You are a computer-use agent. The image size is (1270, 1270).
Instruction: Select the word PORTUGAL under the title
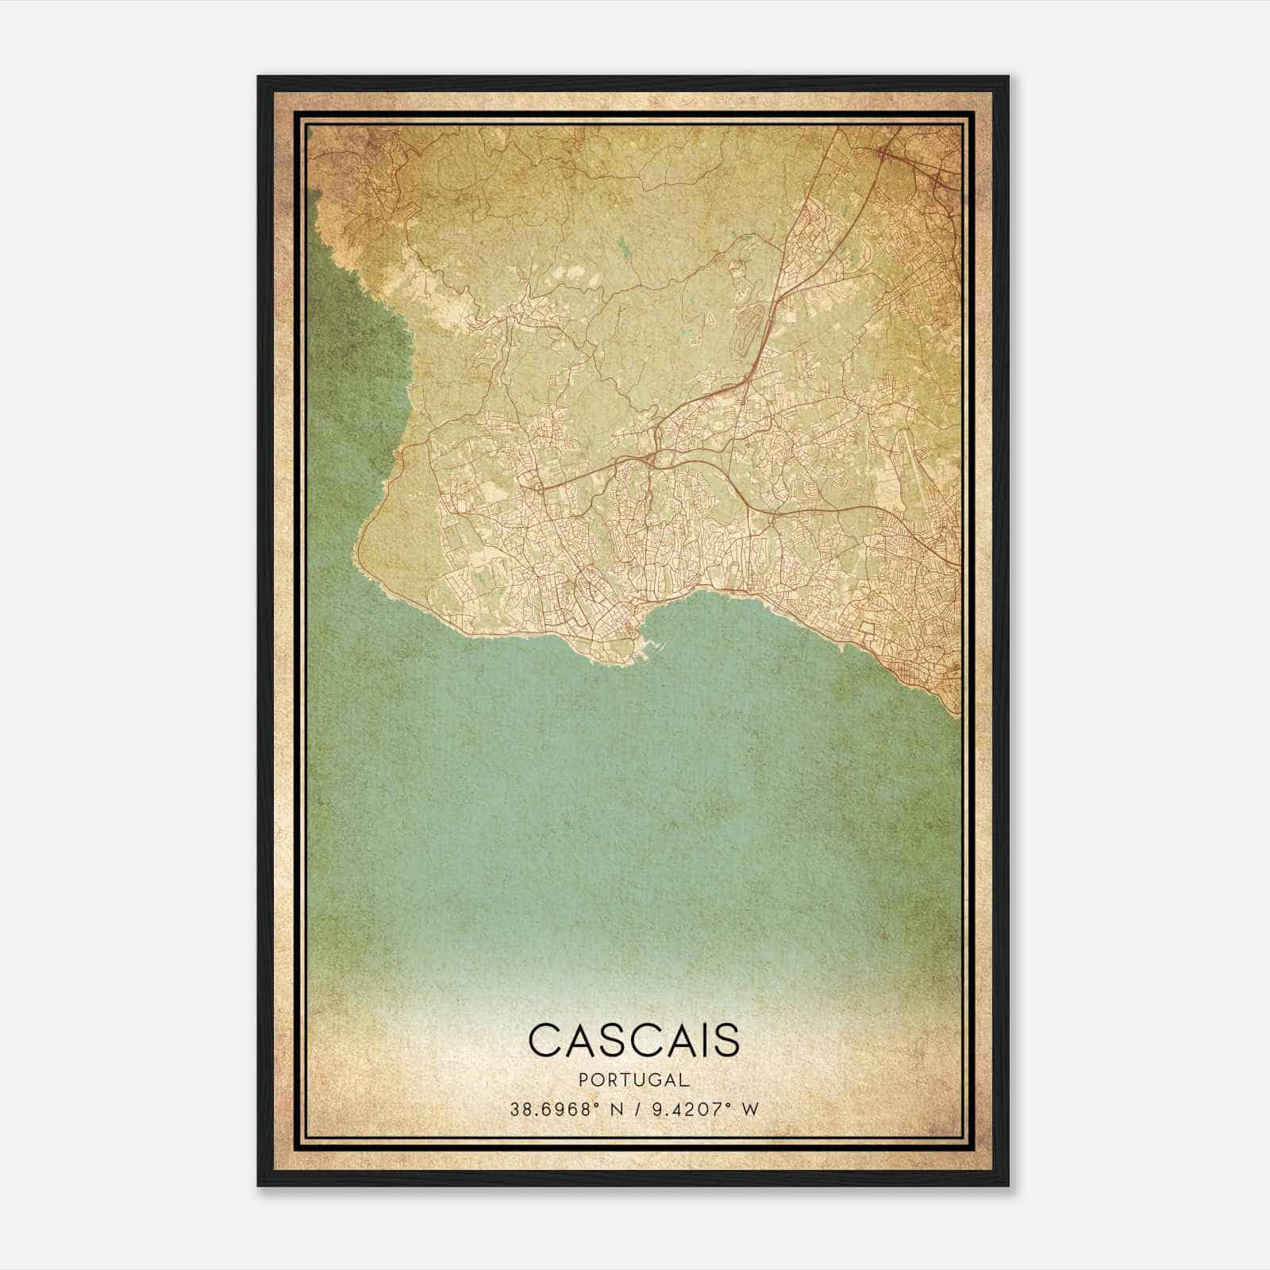(x=633, y=1080)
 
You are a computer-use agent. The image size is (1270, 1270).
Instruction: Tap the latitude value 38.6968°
(x=560, y=1109)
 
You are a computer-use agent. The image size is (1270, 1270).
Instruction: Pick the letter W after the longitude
(x=750, y=1109)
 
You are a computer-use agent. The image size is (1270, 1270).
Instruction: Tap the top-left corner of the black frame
(x=259, y=77)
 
